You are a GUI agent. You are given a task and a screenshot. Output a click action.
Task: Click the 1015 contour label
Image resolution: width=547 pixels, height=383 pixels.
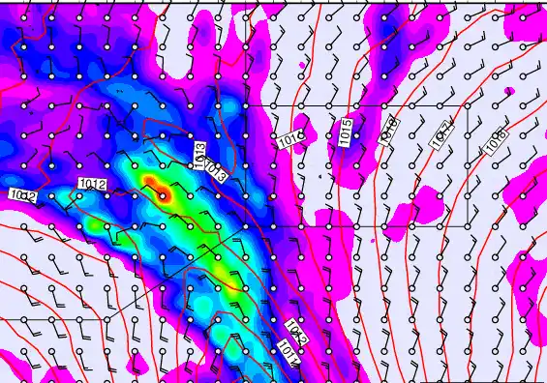click(x=346, y=132)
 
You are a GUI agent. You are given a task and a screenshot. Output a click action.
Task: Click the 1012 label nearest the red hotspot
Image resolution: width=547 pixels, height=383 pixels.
click(x=93, y=183)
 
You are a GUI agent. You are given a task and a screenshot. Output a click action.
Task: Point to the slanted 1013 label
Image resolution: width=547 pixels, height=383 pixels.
click(x=216, y=172)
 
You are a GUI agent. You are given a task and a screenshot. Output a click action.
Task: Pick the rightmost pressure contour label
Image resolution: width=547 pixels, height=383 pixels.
click(x=494, y=141)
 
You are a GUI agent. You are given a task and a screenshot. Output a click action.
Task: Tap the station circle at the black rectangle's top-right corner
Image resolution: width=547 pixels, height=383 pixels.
click(x=468, y=105)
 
